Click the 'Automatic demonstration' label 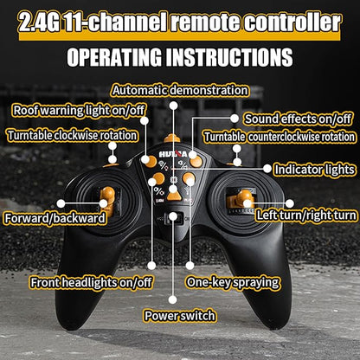[180, 90]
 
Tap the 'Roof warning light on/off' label [79, 111]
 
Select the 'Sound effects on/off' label [298, 119]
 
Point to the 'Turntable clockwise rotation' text [72, 136]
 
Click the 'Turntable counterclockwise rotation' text [280, 137]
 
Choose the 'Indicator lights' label [314, 170]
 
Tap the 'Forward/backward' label [55, 218]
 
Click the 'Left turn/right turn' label [306, 215]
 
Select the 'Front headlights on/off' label [91, 283]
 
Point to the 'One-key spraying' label [233, 282]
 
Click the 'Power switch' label [180, 316]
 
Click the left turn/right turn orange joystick [241, 200]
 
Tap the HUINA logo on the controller [173, 154]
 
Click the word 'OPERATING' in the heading [114, 57]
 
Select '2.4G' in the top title [38, 22]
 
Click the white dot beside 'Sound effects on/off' [235, 118]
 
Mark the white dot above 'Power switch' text [172, 299]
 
